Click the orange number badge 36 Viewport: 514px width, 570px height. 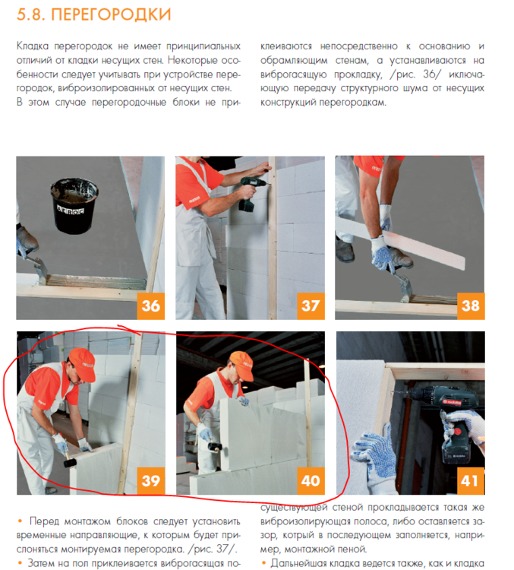click(150, 306)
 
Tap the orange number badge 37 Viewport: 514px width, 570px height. click(310, 306)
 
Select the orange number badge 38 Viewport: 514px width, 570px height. click(470, 306)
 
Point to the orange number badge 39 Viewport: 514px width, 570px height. click(150, 480)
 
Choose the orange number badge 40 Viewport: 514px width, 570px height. click(310, 480)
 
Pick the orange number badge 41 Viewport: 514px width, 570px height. click(470, 480)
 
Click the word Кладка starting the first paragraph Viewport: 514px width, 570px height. click(35, 46)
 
